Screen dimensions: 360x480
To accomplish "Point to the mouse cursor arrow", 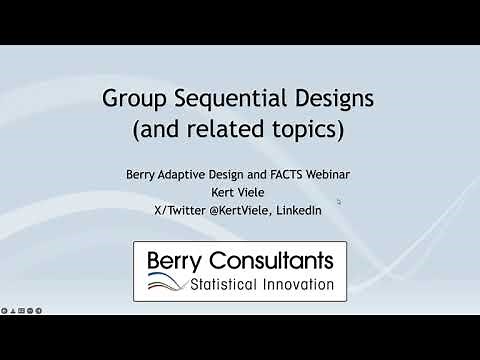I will click(338, 201).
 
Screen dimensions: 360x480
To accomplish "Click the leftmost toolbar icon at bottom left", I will click(7, 308).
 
